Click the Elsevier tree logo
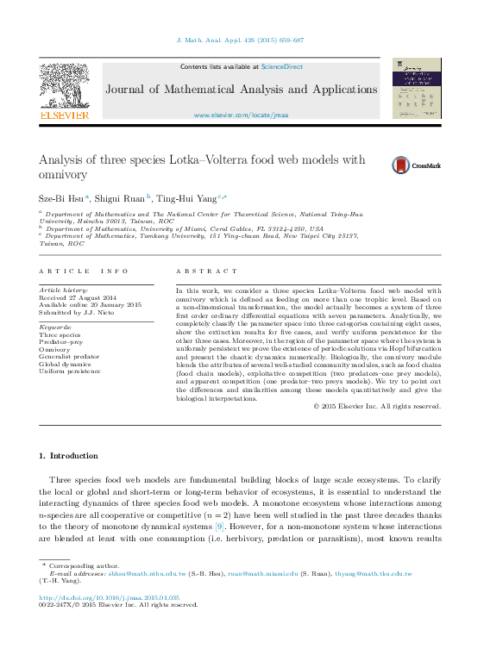pyautogui.click(x=65, y=90)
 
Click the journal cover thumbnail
pyautogui.click(x=418, y=90)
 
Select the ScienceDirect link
pyautogui.click(x=281, y=66)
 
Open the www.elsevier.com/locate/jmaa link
pyautogui.click(x=241, y=115)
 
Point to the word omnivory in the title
pyautogui.click(x=64, y=175)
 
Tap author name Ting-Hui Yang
pyautogui.click(x=186, y=198)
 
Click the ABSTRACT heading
pyautogui.click(x=206, y=271)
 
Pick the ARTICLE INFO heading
pyautogui.click(x=84, y=271)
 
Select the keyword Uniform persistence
pyautogui.click(x=71, y=371)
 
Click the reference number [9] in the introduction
pyautogui.click(x=220, y=525)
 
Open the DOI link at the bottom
pyautogui.click(x=110, y=596)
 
